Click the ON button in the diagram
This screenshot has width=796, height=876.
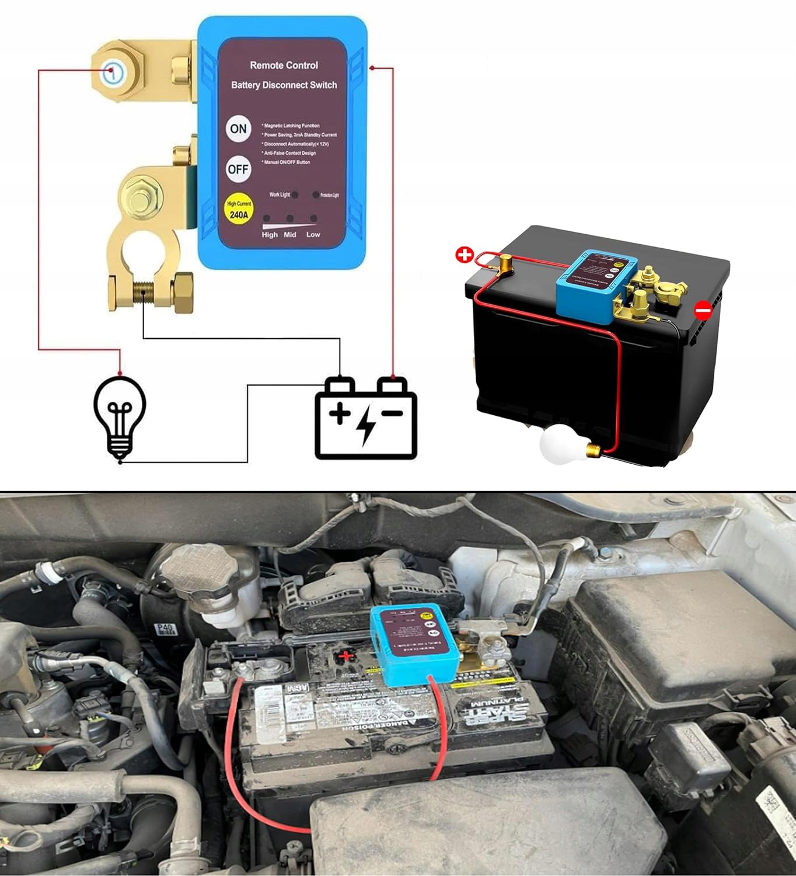238,129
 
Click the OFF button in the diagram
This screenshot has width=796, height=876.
238,169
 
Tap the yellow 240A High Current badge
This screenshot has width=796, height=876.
239,210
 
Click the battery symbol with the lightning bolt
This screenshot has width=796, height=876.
366,418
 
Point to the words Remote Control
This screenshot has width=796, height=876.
284,65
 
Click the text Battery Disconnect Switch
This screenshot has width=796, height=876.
284,85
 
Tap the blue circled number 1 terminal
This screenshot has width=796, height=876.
113,73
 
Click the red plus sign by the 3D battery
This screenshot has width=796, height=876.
465,255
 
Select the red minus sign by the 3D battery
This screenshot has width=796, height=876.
703,310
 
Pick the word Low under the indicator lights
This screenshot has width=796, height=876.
313,235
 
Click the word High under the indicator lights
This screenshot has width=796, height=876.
270,235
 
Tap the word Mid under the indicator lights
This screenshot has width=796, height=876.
290,235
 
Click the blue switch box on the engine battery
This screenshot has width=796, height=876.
414,645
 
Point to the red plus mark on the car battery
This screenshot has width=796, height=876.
346,656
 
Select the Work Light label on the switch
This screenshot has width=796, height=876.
280,194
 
